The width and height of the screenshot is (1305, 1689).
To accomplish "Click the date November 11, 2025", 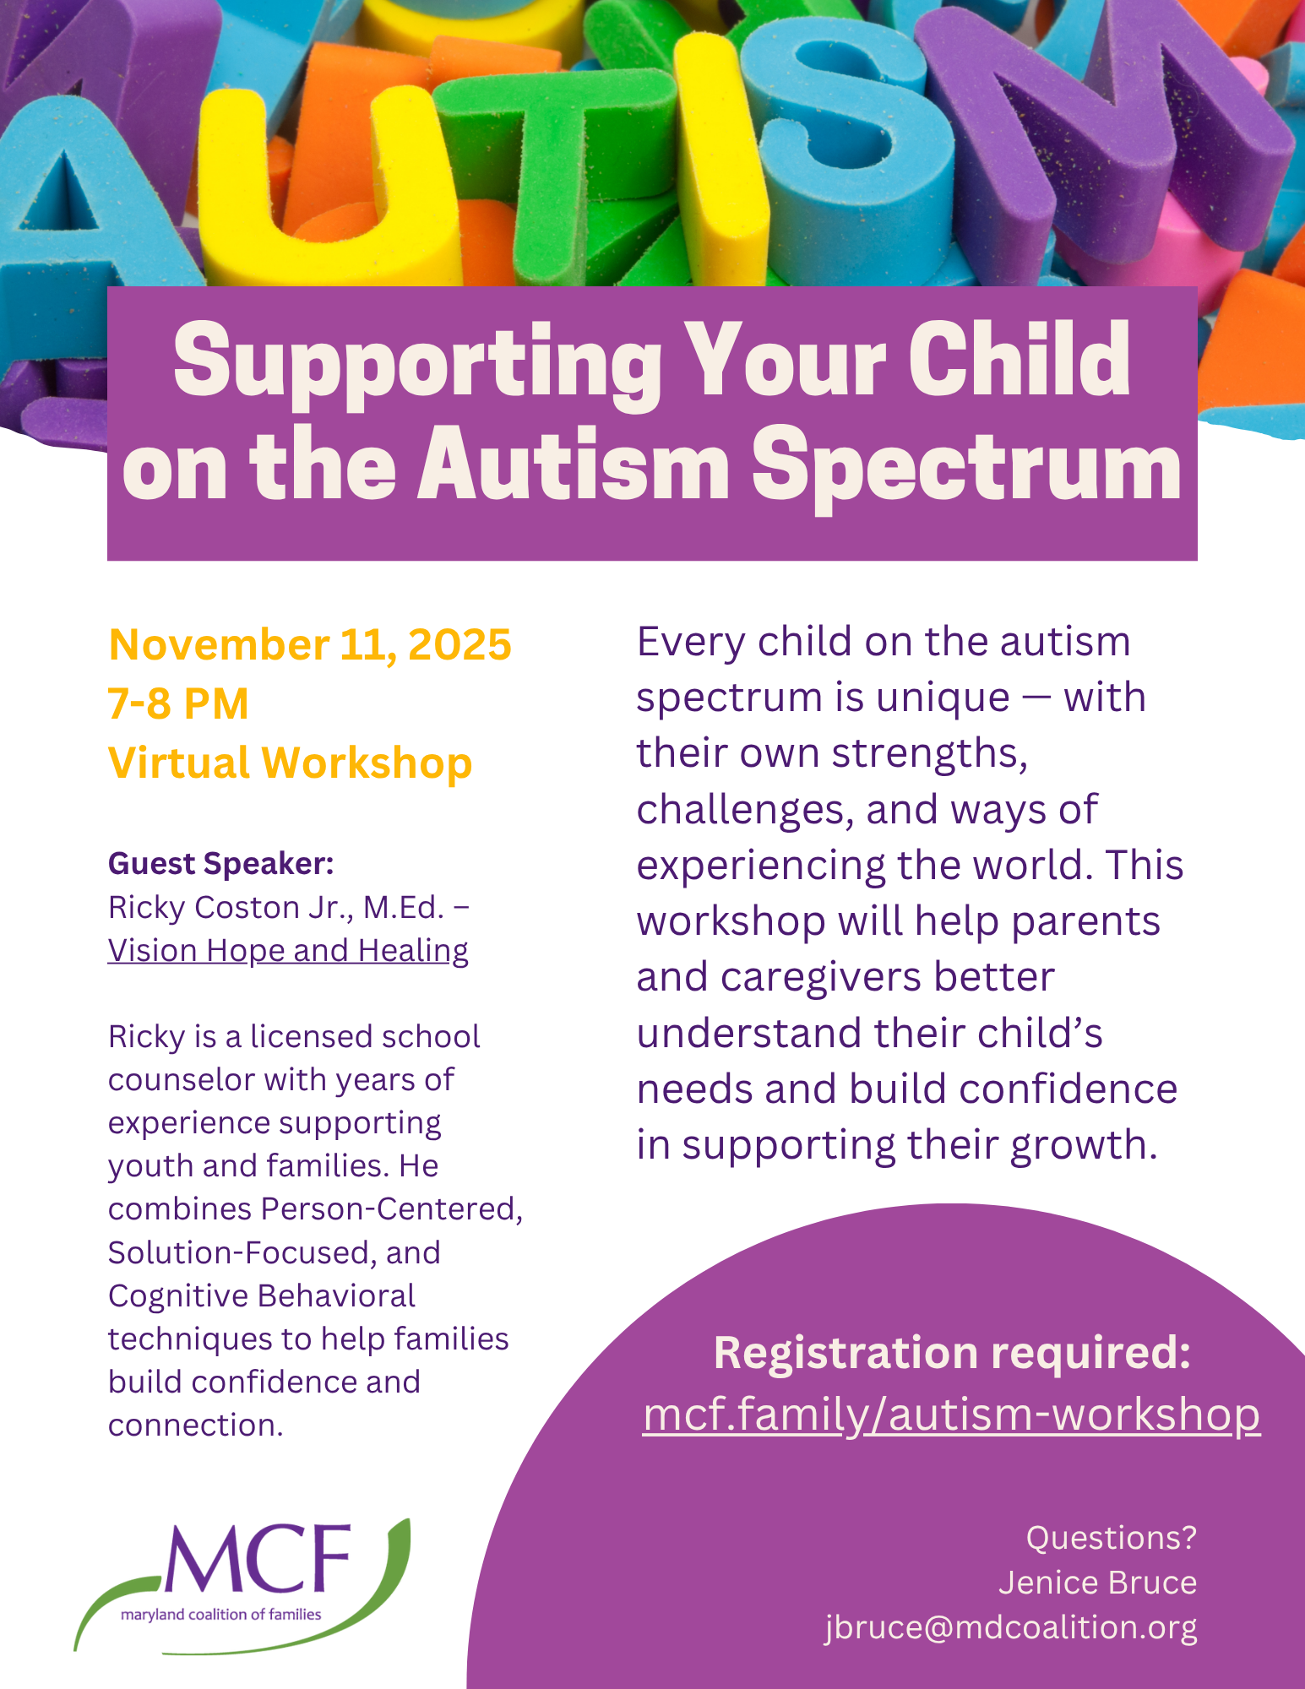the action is point(310,645).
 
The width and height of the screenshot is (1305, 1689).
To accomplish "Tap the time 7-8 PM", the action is point(178,703).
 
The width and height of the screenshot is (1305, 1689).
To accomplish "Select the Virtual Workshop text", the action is point(290,763).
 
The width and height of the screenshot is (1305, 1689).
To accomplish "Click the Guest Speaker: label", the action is point(221,864).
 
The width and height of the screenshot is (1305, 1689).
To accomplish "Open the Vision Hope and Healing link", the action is point(288,951).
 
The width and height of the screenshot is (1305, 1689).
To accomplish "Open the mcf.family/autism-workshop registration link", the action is point(951,1415).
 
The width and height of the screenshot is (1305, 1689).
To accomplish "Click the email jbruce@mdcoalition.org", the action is point(1011,1627).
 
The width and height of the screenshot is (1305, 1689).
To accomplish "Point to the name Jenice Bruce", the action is point(1097,1583).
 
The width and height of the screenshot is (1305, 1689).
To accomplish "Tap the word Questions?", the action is point(1112,1538).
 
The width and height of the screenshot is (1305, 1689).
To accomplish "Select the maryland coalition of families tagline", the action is point(221,1615).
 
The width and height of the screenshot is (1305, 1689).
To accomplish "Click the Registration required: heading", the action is point(952,1352).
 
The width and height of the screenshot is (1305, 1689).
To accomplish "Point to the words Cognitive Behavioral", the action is point(262,1296).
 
